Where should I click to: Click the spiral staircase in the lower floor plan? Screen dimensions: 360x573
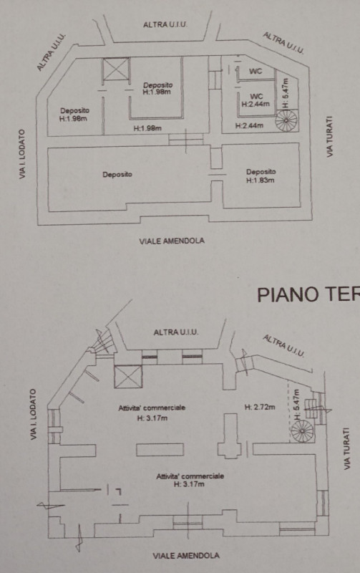pos(302,431)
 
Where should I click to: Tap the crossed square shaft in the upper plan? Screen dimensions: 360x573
pos(116,69)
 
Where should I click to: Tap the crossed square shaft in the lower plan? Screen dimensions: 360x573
pos(128,377)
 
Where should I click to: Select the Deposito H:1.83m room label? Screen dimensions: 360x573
pos(261,175)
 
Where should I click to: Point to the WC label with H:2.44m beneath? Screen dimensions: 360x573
pos(256,100)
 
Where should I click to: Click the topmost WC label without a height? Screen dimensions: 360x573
pos(256,71)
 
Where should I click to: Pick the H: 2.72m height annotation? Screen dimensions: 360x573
pos(260,407)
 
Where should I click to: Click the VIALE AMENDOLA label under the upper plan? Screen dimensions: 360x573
pos(172,241)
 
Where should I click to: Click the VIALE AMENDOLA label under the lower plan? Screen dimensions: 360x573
pos(186,556)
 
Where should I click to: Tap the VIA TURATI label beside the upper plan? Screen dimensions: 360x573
pos(330,137)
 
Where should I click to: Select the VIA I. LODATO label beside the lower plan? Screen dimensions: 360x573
pos(33,415)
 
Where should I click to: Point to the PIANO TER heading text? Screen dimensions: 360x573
pos(308,294)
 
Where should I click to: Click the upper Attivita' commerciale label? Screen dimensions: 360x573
pos(152,408)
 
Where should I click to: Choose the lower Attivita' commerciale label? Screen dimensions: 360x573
pos(190,476)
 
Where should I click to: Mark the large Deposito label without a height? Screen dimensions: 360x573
pos(117,174)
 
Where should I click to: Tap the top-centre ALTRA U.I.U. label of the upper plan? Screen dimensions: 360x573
pos(165,24)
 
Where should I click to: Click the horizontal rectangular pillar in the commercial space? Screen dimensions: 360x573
pos(160,450)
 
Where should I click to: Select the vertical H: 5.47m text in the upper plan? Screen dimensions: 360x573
pos(286,94)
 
